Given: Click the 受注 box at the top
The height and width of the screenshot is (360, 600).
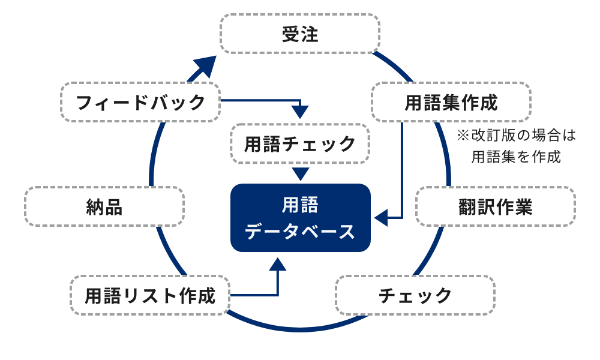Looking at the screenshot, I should pos(300,34).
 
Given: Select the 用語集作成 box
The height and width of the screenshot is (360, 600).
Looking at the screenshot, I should pos(451,103).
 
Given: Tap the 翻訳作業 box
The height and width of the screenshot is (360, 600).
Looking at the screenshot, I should pos(495,206).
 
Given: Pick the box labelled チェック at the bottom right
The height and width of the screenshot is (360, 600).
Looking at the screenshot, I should pos(415,295).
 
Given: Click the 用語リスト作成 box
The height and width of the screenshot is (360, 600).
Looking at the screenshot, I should pos(150,295).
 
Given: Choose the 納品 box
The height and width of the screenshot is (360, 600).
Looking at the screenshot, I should pos(104,206).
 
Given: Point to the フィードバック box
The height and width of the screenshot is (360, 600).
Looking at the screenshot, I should pos(141,102).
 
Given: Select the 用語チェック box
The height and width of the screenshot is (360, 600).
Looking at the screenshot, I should pos(300,144).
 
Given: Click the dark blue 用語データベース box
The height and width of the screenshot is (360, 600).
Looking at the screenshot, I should pos(301,218).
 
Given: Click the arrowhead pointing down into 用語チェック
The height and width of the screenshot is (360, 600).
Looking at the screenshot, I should pos(300,112).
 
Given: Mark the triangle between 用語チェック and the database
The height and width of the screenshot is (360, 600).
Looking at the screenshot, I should pos(301,174).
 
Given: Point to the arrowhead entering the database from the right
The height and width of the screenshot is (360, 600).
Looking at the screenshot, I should pos(380,218).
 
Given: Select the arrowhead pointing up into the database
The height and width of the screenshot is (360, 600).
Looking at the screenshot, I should pos(278,264).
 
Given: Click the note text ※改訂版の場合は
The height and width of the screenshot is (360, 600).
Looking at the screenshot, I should pos(516,136).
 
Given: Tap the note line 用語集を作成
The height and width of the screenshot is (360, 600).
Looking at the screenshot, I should pos(516,157).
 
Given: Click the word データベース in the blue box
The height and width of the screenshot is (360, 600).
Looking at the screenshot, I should pos(301,231).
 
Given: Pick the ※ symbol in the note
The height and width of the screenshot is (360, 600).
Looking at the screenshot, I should pos(463,136).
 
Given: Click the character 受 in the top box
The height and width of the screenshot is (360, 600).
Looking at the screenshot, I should pos(291,34).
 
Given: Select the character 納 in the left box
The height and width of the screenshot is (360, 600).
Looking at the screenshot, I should pos(95,206).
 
